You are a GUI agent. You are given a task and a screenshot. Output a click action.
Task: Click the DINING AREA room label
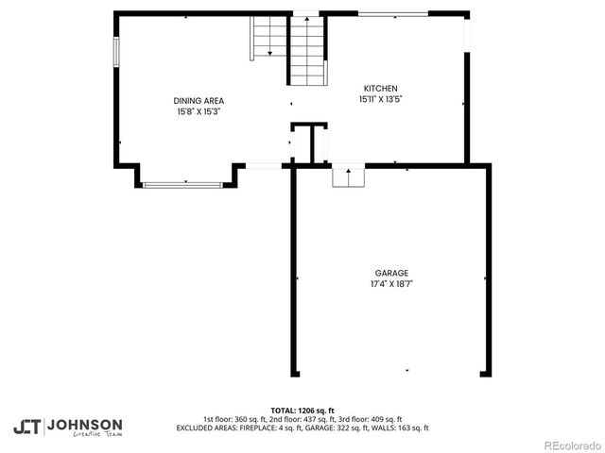click(199, 101)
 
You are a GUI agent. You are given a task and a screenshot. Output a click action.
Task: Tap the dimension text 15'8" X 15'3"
click(199, 111)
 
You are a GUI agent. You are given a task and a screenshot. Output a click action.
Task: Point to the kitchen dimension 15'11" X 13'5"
click(378, 99)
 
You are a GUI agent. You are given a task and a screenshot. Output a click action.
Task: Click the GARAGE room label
click(391, 274)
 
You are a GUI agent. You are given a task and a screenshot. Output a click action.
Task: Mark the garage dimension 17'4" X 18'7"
click(391, 284)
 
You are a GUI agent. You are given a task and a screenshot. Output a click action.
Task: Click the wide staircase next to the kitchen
click(306, 52)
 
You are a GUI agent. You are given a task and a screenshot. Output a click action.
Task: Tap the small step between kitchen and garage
click(348, 176)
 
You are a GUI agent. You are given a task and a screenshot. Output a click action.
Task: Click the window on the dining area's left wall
click(117, 52)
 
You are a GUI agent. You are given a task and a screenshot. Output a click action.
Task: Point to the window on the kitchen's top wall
click(393, 13)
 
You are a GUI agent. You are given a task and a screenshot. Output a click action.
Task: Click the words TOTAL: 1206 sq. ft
click(302, 411)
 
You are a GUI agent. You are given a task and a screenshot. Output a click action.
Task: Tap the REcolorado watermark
click(571, 444)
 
